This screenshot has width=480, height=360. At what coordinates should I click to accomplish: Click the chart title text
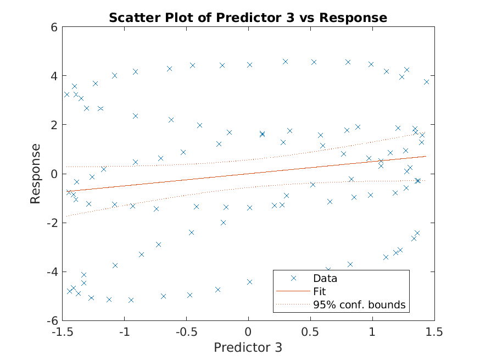(248, 18)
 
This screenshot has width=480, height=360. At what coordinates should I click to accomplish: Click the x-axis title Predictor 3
(248, 347)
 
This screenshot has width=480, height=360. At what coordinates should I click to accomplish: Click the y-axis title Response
(36, 174)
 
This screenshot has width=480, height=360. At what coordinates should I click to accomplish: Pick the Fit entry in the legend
(319, 291)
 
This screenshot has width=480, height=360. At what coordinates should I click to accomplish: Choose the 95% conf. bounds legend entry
(359, 304)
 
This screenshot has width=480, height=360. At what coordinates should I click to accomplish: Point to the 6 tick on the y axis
(54, 26)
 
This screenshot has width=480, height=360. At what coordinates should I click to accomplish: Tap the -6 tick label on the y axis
(52, 321)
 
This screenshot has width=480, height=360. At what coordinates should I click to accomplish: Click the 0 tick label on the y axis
(54, 174)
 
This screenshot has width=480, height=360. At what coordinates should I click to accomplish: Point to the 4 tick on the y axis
(54, 75)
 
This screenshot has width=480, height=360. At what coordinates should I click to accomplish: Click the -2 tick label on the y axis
(52, 223)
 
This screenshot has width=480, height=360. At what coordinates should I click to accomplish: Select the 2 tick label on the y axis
(54, 125)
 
